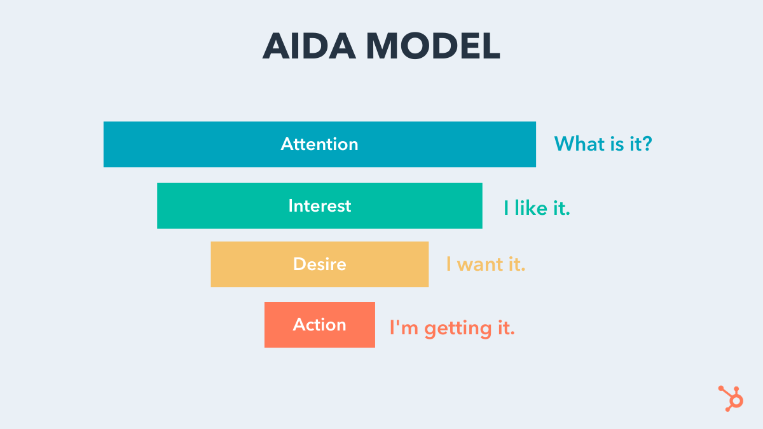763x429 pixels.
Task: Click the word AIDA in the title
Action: (308, 46)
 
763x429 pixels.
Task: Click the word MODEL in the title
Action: (432, 46)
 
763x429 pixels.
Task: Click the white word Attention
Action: (319, 144)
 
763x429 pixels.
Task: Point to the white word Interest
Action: (319, 206)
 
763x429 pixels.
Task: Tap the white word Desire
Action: (319, 264)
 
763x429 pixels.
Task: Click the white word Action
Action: (319, 325)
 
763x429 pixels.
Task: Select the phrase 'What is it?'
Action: (603, 144)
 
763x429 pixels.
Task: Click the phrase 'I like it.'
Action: (537, 208)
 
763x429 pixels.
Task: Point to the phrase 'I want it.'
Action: (485, 264)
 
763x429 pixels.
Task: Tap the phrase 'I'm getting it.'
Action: (451, 329)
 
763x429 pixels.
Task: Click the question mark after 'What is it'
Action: (647, 144)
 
